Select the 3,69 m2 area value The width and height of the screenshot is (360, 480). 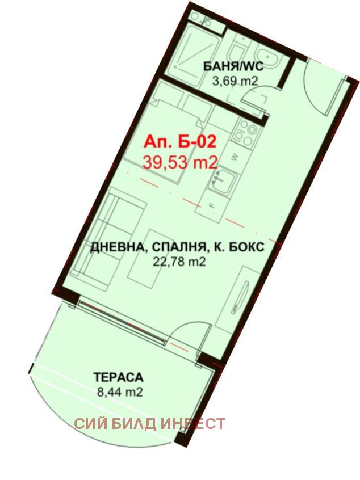click(x=235, y=81)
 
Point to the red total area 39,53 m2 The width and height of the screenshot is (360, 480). click(x=179, y=162)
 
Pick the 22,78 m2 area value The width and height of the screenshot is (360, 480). click(x=179, y=262)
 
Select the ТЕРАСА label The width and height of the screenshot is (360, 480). click(x=119, y=376)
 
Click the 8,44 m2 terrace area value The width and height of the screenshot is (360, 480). click(x=119, y=391)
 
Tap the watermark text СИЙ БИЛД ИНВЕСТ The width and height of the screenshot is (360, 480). click(x=150, y=424)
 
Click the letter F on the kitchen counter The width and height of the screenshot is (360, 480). click(x=211, y=203)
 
